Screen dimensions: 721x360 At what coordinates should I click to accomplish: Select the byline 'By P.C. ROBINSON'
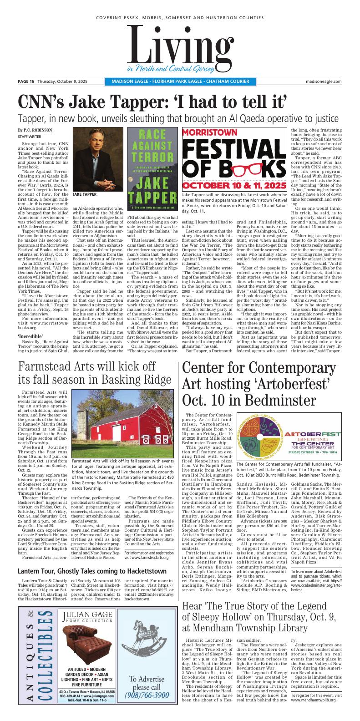coord(35,130)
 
